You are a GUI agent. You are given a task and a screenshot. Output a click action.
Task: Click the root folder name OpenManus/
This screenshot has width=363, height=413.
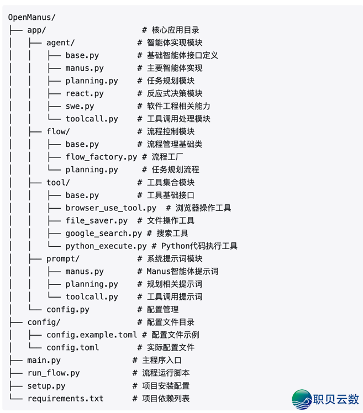click(x=32, y=18)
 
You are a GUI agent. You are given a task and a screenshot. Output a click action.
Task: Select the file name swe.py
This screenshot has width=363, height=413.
click(x=80, y=106)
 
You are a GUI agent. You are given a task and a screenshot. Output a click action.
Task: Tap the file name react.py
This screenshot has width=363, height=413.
click(x=84, y=93)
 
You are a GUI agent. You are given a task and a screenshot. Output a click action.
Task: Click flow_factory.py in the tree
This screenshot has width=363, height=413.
click(x=101, y=157)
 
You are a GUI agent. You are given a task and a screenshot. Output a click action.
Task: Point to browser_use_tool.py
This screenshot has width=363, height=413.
click(x=111, y=208)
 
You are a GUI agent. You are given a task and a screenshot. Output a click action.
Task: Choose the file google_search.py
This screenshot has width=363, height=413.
click(x=103, y=233)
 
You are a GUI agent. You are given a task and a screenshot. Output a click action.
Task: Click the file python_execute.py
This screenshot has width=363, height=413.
click(x=106, y=246)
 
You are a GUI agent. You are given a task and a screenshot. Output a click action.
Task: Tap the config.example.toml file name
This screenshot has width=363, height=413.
click(x=92, y=335)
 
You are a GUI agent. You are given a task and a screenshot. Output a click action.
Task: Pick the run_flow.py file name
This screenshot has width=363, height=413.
click(x=53, y=373)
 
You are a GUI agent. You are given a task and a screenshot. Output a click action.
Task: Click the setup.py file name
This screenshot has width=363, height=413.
click(x=46, y=385)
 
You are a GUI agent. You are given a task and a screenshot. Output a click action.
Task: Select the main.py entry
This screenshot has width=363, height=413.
click(x=44, y=360)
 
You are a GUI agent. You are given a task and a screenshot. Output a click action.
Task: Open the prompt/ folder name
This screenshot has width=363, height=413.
click(x=63, y=258)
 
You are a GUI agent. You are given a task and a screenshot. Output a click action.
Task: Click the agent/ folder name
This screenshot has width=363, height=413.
click(x=60, y=43)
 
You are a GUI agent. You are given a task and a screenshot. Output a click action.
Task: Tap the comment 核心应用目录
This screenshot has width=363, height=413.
click(x=175, y=30)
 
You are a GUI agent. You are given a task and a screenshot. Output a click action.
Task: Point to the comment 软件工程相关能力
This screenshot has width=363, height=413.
click(x=178, y=106)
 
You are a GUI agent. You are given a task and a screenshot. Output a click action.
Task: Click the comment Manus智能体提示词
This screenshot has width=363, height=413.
click(x=182, y=271)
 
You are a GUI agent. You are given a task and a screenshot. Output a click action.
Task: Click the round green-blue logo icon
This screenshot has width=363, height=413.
click(x=302, y=399)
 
